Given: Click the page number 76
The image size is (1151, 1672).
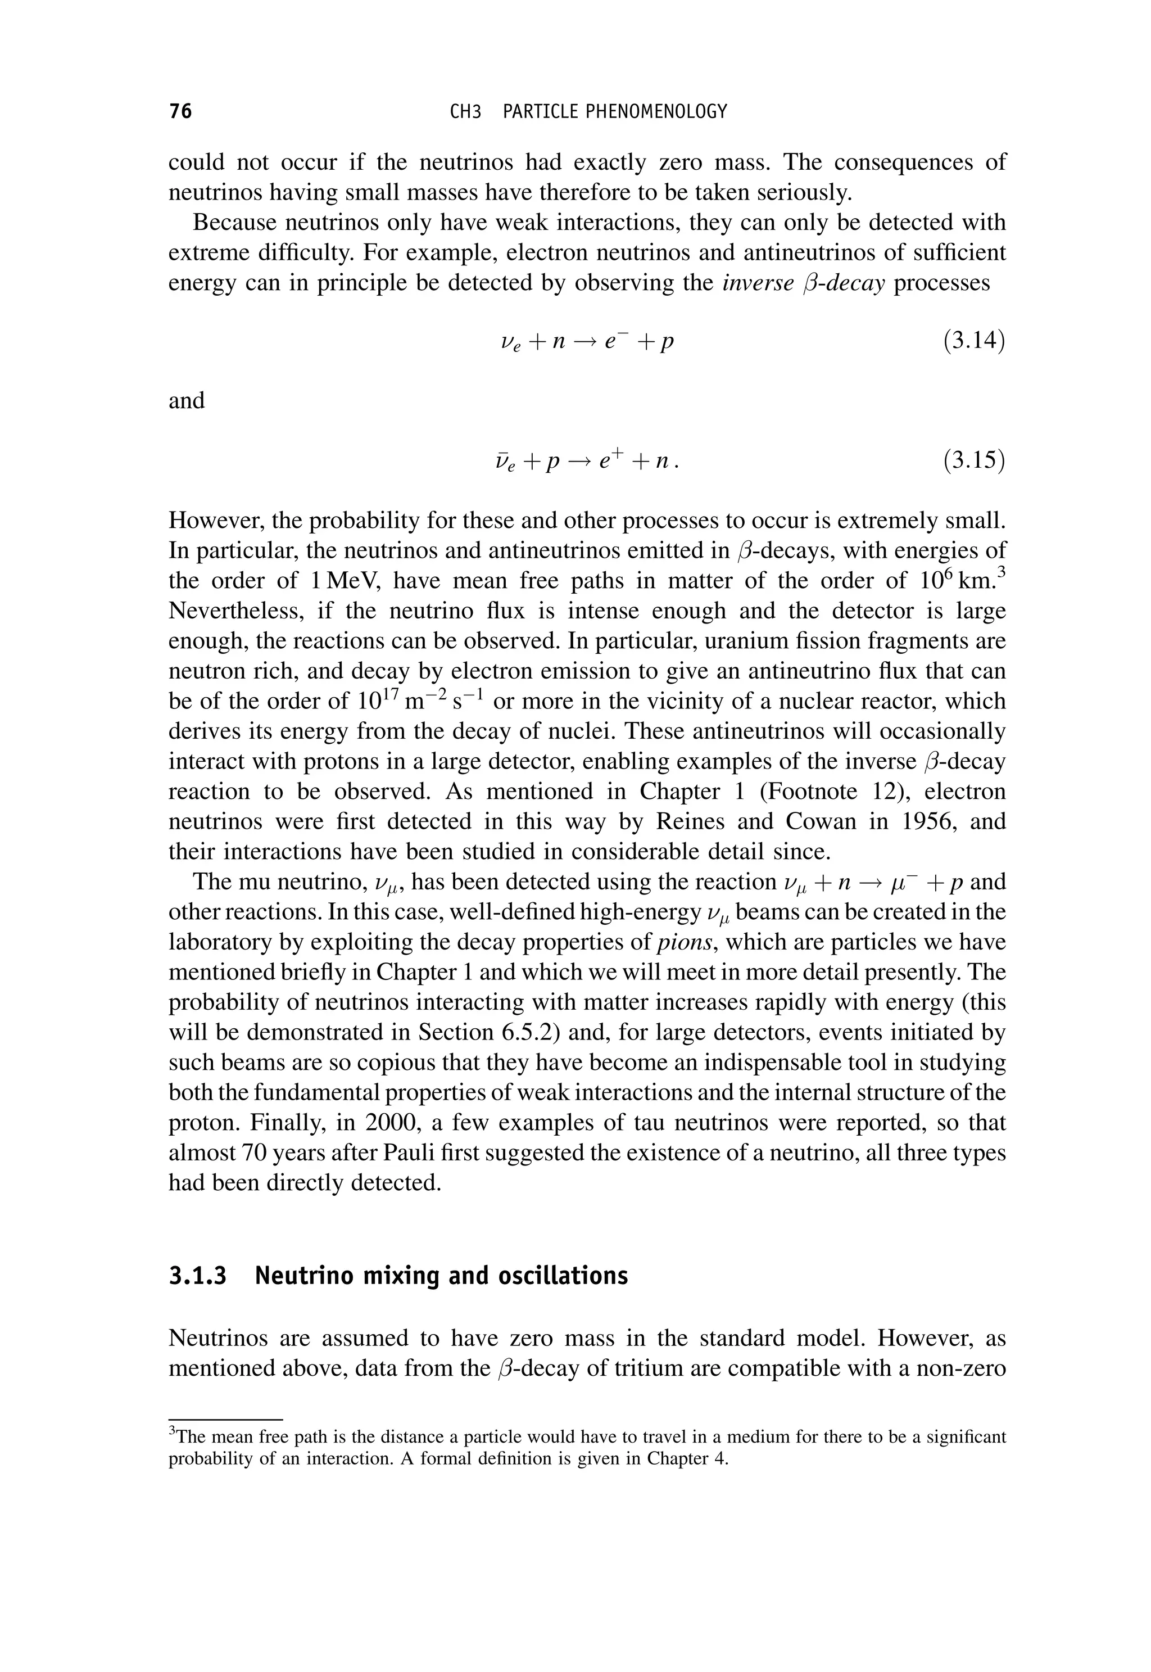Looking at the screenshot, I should (x=180, y=111).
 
